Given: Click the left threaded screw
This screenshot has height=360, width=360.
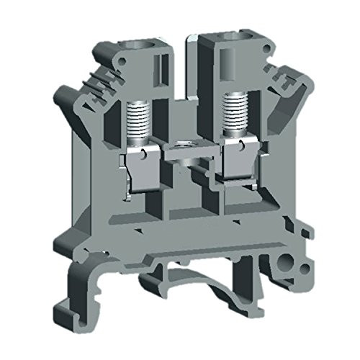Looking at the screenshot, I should point(135,120).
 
